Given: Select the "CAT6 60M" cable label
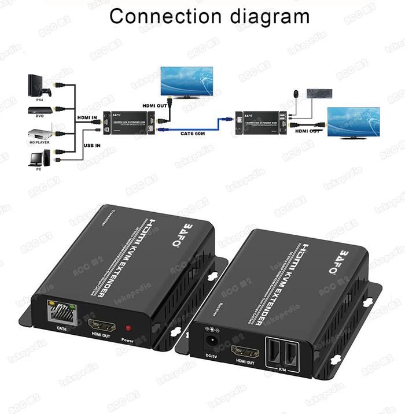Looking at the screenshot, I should click(x=194, y=134).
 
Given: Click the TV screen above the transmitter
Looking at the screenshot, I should click(x=186, y=81).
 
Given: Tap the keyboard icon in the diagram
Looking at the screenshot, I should click(x=319, y=93).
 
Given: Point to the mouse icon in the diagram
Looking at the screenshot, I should click(x=296, y=92).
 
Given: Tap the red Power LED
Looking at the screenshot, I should click(x=128, y=328).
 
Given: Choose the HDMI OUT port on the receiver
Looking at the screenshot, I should click(x=244, y=350).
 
